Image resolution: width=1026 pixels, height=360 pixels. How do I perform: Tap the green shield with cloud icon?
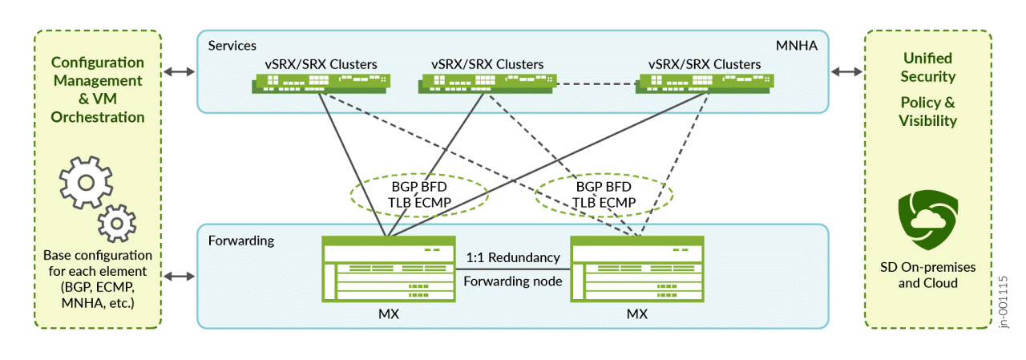[x=927, y=219]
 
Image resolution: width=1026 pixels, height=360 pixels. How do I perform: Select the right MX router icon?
[x=636, y=269]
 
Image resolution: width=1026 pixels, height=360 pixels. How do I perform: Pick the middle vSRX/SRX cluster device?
[x=487, y=83]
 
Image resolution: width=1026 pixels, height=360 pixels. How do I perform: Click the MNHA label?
[x=796, y=46]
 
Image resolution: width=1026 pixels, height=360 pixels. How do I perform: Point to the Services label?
[x=232, y=46]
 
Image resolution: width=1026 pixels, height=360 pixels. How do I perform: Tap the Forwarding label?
[x=241, y=240]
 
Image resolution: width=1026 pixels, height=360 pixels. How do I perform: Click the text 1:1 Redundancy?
[x=512, y=257]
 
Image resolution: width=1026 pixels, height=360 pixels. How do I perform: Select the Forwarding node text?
[x=512, y=281]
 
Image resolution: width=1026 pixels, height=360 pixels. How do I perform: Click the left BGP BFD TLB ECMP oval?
[x=420, y=195]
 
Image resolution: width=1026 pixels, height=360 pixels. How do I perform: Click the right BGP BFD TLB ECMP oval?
[x=604, y=195]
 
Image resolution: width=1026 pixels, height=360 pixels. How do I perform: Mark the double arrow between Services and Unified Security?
[x=846, y=71]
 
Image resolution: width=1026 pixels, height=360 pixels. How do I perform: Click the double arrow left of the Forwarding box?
[x=179, y=277]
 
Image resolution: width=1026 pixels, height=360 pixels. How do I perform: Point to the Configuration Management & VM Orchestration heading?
[x=98, y=90]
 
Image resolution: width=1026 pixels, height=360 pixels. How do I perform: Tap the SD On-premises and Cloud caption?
[x=927, y=275]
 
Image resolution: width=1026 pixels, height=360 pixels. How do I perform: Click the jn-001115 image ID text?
[x=1004, y=301]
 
